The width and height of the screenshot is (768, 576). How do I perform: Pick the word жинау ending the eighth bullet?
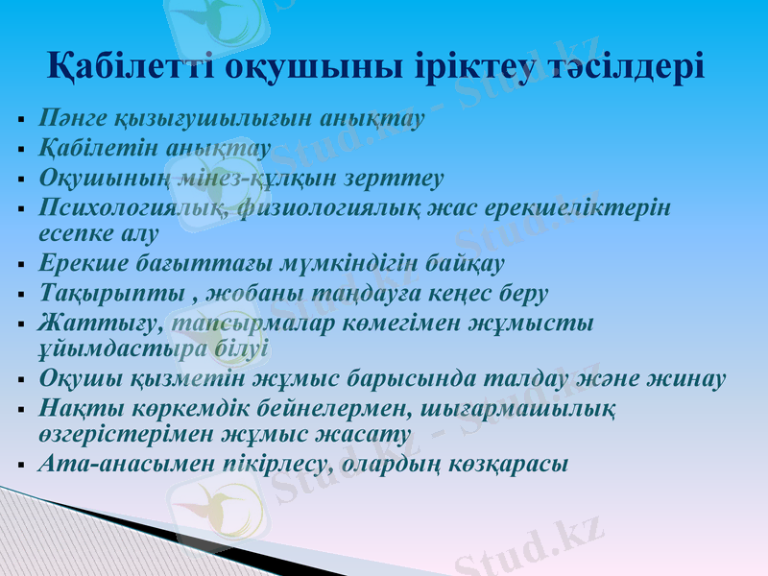click(x=692, y=378)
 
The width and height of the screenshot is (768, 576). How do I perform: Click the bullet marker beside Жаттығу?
click(x=21, y=324)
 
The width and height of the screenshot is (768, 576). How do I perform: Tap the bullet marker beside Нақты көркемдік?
click(x=21, y=410)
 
